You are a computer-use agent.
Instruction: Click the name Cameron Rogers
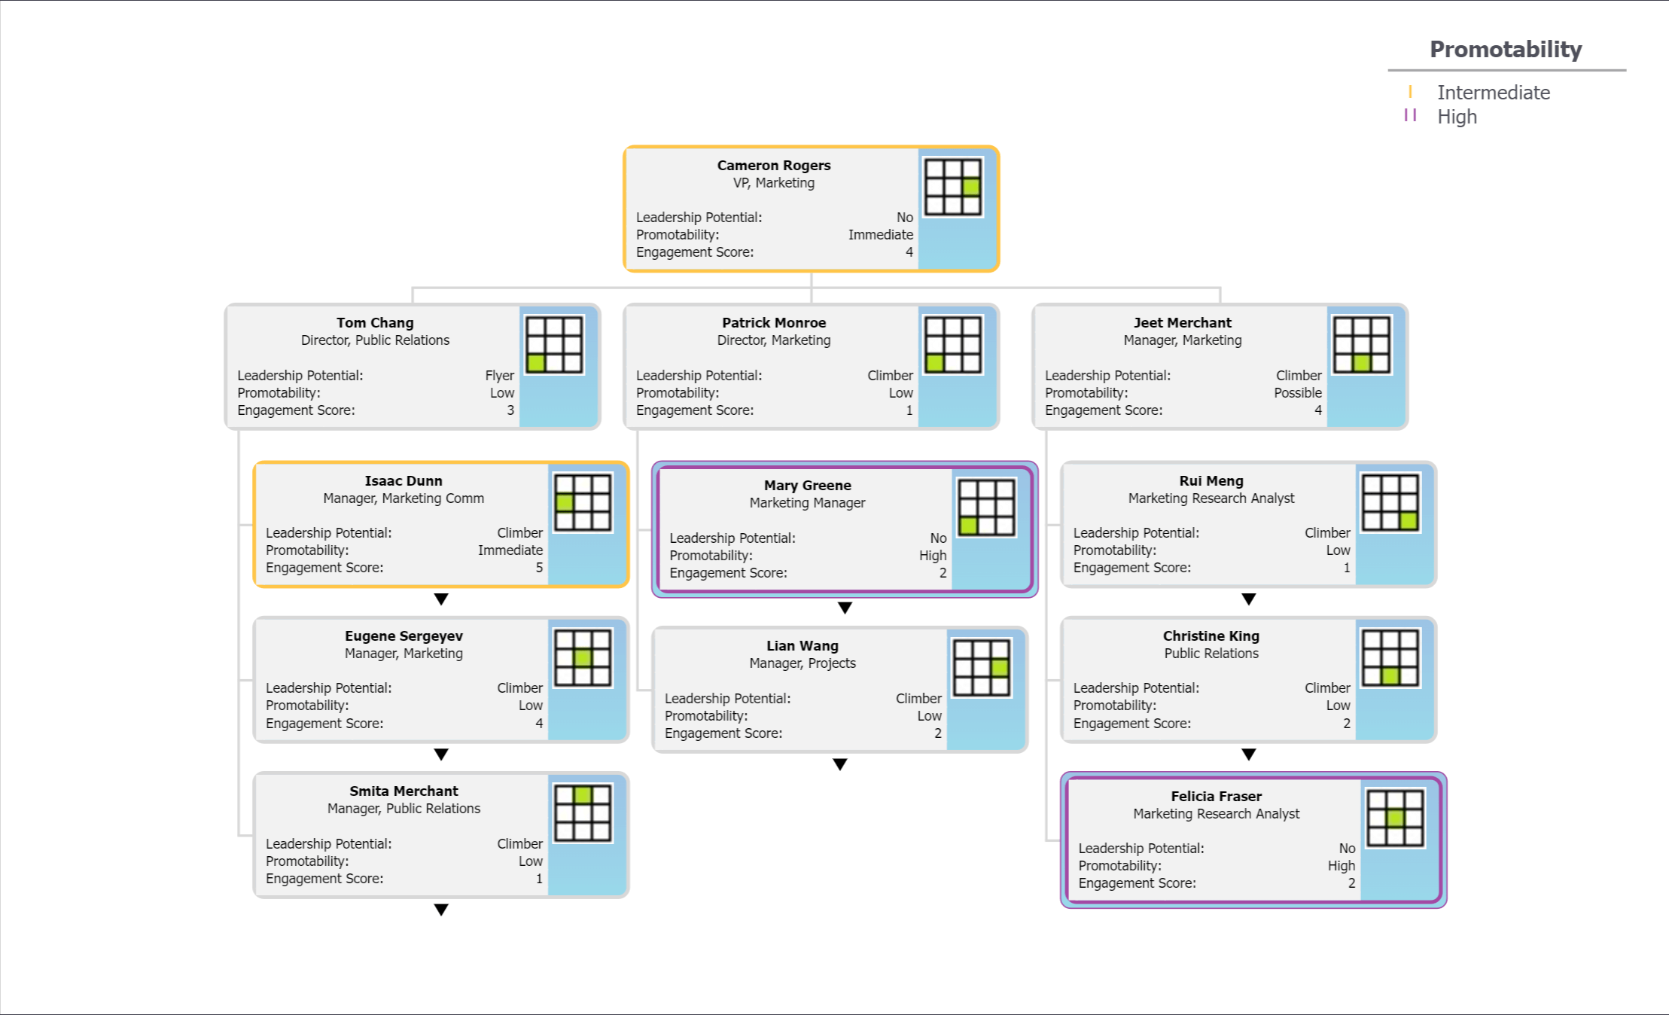tap(773, 165)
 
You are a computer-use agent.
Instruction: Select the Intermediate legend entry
tap(1492, 93)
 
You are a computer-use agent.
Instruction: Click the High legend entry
tap(1456, 117)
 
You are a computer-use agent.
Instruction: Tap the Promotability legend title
tap(1505, 50)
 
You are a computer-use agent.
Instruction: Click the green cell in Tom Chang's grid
tap(536, 363)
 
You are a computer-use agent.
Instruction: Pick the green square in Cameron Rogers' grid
tap(971, 187)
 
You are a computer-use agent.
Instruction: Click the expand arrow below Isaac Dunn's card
tap(441, 599)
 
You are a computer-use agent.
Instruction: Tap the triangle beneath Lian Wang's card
tap(840, 764)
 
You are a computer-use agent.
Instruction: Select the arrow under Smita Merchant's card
tap(441, 910)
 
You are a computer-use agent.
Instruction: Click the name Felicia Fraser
tap(1216, 796)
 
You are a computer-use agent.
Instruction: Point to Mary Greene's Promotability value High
tap(932, 556)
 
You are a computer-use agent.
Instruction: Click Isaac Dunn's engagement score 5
tap(539, 568)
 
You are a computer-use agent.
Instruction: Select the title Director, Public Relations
tap(375, 340)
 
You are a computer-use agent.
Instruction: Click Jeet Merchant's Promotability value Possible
tap(1297, 393)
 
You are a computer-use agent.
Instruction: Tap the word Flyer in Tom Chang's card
tap(499, 375)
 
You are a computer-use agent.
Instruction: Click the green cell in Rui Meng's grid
tap(1409, 520)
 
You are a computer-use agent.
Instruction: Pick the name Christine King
tap(1211, 636)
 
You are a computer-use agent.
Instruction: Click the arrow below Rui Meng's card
tap(1248, 599)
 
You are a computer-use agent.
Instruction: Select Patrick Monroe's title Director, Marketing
tap(773, 340)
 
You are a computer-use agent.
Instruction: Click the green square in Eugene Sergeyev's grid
tap(583, 657)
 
